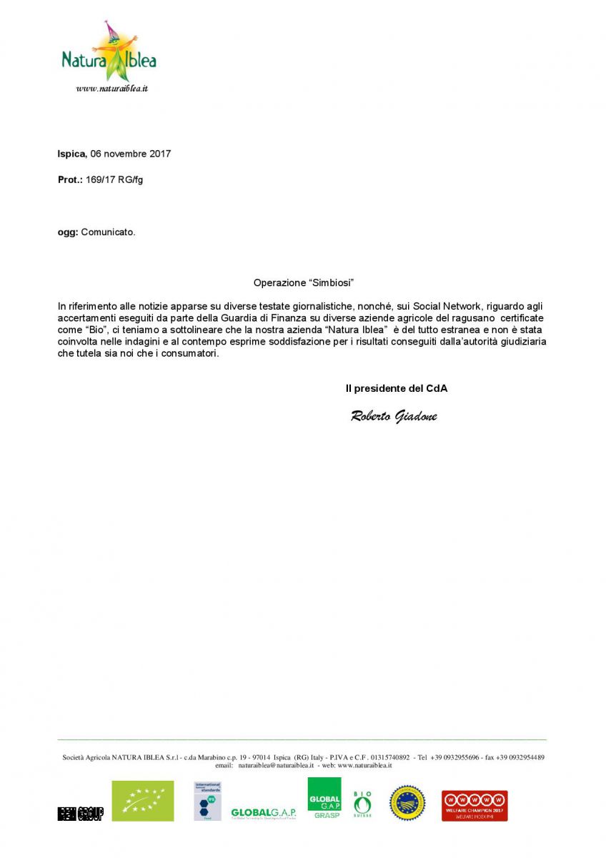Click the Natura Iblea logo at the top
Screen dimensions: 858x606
click(x=109, y=54)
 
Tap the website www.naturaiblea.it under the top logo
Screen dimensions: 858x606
click(x=111, y=89)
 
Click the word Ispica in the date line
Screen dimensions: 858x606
click(x=71, y=154)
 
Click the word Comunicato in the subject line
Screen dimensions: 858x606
click(x=107, y=232)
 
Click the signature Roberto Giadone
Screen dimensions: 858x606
click(x=394, y=417)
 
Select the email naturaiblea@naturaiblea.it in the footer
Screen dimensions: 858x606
click(x=276, y=765)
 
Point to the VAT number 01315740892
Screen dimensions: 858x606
click(x=389, y=757)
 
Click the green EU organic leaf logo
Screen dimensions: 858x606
click(x=142, y=801)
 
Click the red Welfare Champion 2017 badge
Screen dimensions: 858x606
click(x=475, y=805)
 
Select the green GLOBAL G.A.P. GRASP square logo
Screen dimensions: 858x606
click(x=324, y=798)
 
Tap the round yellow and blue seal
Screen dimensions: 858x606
click(x=407, y=803)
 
